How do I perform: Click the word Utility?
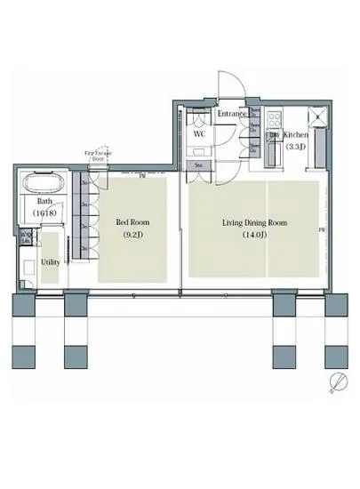(x=50, y=263)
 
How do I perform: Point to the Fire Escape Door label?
(x=97, y=156)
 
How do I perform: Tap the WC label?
(x=200, y=133)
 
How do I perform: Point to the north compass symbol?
(x=338, y=382)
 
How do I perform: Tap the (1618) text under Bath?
(x=43, y=214)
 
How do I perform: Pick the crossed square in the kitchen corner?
(x=317, y=115)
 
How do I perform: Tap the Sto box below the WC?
(x=197, y=165)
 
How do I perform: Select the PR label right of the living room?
(x=321, y=231)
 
